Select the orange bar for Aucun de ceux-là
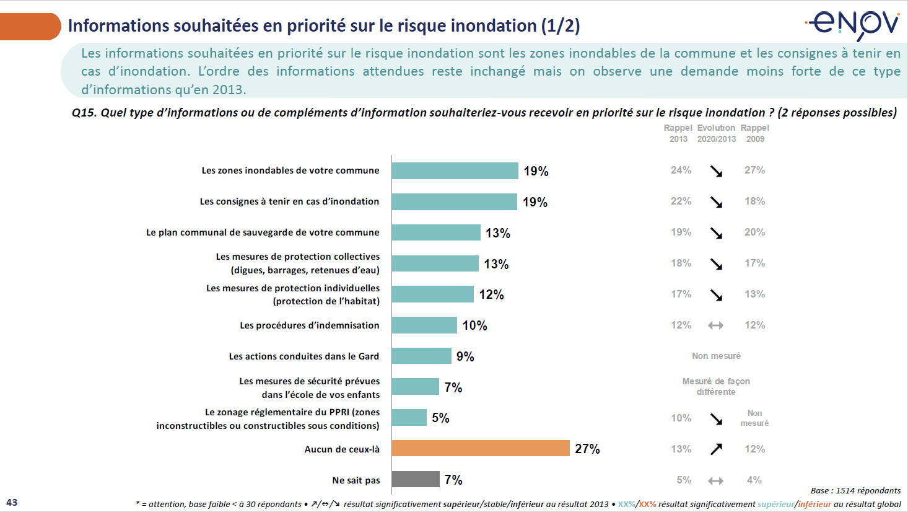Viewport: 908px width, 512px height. click(481, 448)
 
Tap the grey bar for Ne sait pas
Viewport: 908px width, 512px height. click(416, 479)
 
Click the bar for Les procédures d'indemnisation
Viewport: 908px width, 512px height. click(424, 325)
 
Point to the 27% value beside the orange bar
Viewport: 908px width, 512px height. click(587, 449)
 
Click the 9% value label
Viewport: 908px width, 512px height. click(465, 356)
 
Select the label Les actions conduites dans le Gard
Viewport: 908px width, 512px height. click(303, 356)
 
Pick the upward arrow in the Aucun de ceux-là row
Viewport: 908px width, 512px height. click(716, 449)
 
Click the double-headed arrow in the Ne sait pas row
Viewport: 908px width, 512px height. click(716, 480)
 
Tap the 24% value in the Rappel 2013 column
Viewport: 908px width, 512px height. click(681, 170)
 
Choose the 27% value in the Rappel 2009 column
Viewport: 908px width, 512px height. click(754, 170)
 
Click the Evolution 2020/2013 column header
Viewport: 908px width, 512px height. click(717, 133)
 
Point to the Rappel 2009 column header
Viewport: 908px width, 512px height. click(755, 133)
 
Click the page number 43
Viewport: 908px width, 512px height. click(12, 502)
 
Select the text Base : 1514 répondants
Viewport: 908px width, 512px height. click(855, 490)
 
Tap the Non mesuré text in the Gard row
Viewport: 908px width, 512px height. click(716, 356)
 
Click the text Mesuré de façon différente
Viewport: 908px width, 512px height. click(716, 386)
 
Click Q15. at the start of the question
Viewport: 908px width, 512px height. click(84, 113)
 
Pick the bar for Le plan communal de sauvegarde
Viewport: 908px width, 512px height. click(436, 232)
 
